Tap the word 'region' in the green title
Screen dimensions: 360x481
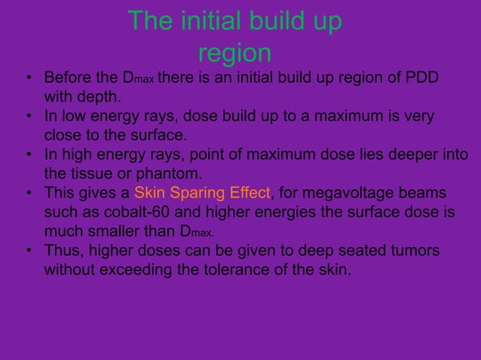(234, 53)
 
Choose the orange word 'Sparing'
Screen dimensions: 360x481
(195, 194)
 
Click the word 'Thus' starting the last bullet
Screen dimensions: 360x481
(63, 252)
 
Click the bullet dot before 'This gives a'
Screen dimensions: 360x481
(27, 194)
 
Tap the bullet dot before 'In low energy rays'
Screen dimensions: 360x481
(27, 117)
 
